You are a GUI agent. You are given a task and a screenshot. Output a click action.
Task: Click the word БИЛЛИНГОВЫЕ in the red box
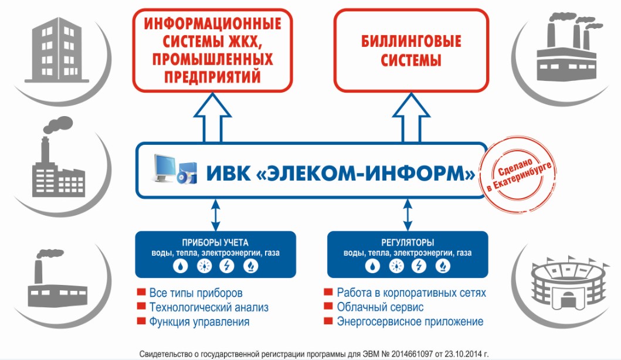point(411,41)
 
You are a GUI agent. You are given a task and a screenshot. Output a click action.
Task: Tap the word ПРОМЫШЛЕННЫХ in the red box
point(213,59)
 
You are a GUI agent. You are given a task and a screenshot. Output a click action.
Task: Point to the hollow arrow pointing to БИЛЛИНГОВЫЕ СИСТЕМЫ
point(411,118)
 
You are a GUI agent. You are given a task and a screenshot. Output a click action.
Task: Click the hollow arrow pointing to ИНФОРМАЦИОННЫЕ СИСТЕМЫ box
point(212,118)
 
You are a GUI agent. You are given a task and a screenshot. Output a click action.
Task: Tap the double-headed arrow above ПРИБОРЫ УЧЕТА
point(215,215)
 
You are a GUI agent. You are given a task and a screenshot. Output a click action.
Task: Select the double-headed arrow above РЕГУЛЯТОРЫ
point(408,215)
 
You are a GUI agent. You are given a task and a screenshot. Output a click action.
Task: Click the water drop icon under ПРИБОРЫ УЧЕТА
point(181,266)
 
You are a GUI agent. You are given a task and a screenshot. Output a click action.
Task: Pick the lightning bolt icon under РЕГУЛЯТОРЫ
point(419,266)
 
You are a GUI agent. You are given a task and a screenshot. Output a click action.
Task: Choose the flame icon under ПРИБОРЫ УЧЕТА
point(250,266)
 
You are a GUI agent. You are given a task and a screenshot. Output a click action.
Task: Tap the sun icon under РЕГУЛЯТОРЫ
point(396,266)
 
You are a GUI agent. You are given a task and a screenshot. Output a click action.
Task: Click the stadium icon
point(568,283)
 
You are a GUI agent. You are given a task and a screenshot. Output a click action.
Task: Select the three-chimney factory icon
point(568,47)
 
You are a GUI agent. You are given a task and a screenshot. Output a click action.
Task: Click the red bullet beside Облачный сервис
point(328,306)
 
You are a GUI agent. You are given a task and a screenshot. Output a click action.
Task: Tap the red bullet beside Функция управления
point(141,321)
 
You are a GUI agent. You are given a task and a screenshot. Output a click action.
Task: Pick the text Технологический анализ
point(209,307)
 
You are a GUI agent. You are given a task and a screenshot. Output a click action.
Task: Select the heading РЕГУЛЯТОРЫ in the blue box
point(408,242)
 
